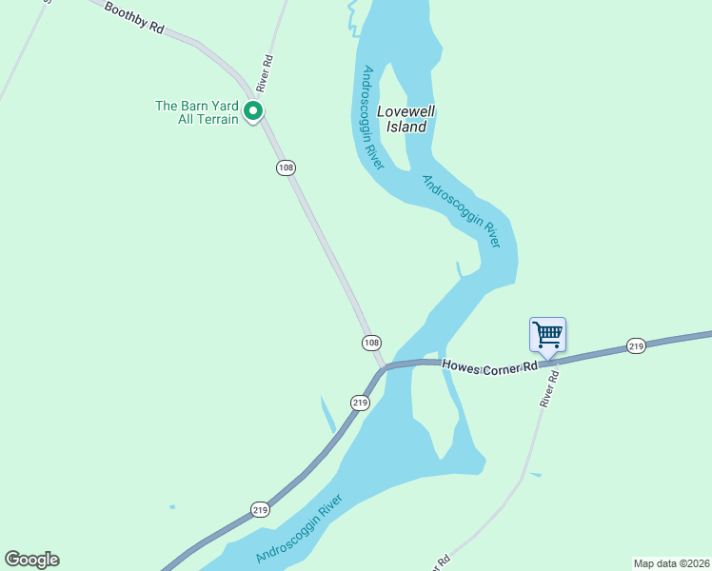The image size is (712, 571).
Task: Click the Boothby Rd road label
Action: coord(133,17)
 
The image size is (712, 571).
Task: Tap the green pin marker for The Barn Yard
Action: coord(253,111)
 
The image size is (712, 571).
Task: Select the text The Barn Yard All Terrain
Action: coord(197,112)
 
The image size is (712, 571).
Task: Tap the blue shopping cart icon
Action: coord(547,335)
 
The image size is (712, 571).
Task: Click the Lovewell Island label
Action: coord(406,118)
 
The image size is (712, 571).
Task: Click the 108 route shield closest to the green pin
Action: coord(286,167)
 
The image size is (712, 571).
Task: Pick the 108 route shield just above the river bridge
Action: coord(371,343)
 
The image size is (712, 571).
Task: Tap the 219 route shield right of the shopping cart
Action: coord(636,345)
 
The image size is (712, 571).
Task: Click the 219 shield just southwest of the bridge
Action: coord(360,403)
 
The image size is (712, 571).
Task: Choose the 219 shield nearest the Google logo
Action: coord(261,509)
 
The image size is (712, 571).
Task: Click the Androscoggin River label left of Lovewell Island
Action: coord(372,117)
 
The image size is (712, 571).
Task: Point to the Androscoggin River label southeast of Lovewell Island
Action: coord(461,211)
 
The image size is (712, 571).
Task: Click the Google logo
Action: coord(31,560)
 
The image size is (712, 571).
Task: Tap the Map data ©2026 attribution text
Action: coord(671,562)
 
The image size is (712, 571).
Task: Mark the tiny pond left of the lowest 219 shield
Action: coord(171,506)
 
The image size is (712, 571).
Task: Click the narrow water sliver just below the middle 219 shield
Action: coord(327,416)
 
